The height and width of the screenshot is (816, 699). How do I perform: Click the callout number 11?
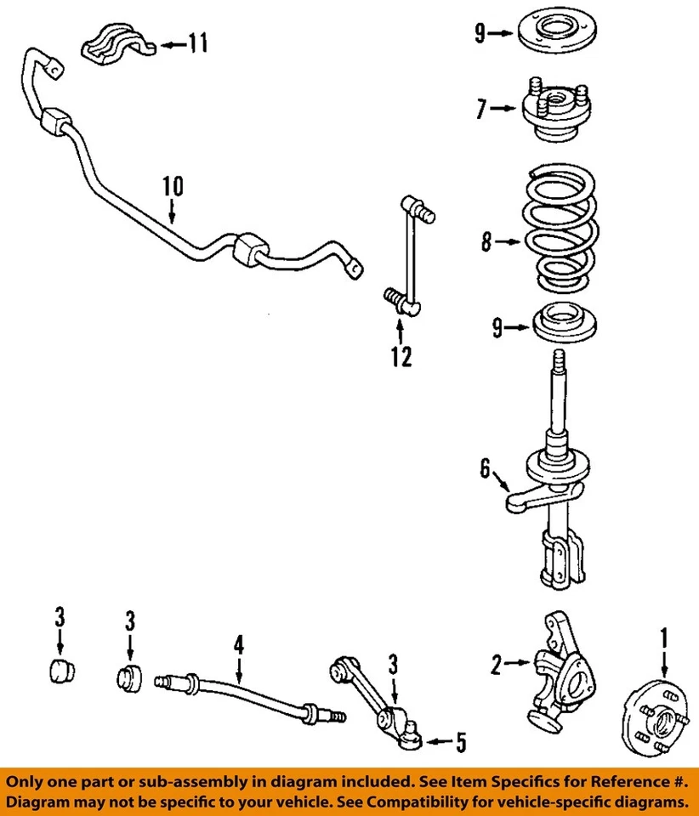coord(197,43)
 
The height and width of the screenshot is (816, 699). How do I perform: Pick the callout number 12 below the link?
coord(401,356)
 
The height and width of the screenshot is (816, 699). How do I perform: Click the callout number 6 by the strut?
coord(486,469)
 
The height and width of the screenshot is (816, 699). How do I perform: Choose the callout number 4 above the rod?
coord(239,645)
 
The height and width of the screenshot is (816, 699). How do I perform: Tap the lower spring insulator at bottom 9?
coord(562,325)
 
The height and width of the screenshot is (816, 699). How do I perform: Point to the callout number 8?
coord(486,242)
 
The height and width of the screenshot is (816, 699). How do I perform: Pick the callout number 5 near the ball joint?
coord(459,743)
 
